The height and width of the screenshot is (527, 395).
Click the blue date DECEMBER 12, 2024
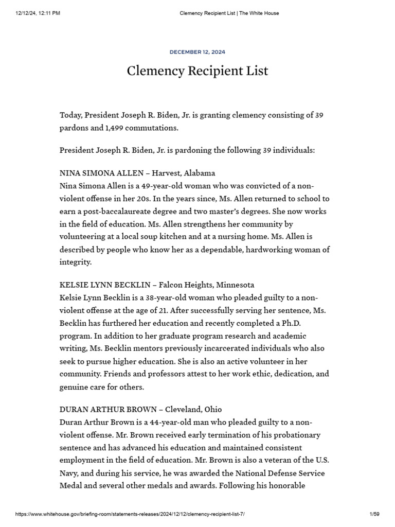pos(197,52)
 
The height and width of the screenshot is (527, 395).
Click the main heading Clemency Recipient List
pos(197,71)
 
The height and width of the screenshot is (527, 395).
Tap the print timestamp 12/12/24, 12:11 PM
pos(38,13)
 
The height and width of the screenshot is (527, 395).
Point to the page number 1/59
pos(374,515)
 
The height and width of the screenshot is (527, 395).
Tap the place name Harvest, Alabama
pos(183,173)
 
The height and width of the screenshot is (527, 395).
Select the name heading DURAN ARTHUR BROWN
pos(109,409)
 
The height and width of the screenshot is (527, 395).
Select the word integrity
pos(76,262)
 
